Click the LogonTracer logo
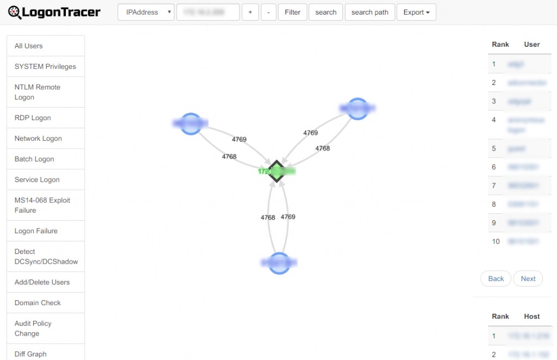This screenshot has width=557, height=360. pos(54,12)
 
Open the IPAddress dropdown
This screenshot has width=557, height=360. pos(146,12)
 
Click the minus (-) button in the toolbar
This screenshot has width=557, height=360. pos(268,12)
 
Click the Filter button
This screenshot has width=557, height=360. pos(292,12)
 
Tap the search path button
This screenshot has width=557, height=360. pos(370,12)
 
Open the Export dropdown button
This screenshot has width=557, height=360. pos(416,12)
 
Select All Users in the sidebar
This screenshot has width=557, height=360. pos(46,46)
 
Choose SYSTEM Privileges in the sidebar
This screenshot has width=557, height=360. pos(46,67)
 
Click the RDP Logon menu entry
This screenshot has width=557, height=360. pos(46,118)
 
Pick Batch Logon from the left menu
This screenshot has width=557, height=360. pos(46,159)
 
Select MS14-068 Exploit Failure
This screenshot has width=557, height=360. pos(46,206)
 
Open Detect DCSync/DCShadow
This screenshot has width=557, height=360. pos(46,257)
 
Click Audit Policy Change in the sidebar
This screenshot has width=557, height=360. pos(46,328)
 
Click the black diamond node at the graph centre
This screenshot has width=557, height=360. pos(276,171)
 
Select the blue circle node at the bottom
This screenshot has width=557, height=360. pos(279,263)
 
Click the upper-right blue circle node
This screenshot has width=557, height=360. pos(357,109)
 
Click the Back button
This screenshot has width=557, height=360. pos(496,278)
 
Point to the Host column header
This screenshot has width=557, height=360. pos(531,316)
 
